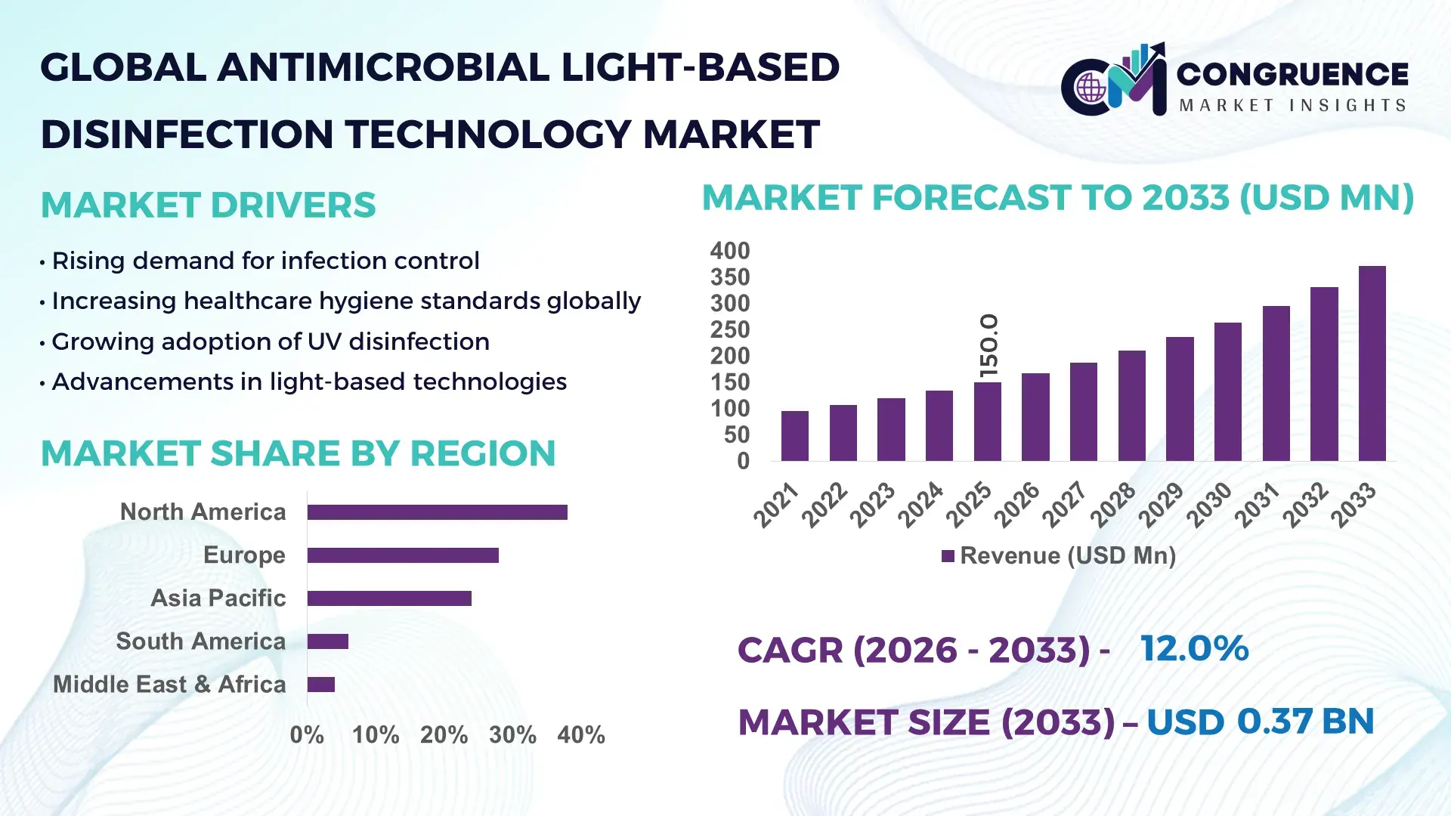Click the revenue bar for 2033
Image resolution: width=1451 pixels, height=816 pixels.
(1372, 363)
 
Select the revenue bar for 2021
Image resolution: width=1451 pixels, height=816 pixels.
(794, 436)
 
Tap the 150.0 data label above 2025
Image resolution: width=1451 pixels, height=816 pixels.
(988, 346)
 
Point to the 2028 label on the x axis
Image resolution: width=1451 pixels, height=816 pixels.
(1114, 505)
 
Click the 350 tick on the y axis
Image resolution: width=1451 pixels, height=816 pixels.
(729, 277)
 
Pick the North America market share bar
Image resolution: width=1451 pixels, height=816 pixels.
(437, 512)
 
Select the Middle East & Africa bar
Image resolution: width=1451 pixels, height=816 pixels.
(321, 685)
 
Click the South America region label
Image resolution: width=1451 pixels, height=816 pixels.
(200, 641)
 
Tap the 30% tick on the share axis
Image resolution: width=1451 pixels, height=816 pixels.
(512, 734)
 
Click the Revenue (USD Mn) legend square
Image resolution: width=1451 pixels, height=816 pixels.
(948, 557)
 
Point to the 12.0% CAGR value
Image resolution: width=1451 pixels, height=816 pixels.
(1194, 648)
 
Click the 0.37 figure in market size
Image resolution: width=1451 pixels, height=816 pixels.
(1274, 721)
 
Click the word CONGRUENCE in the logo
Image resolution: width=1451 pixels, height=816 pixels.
(1292, 74)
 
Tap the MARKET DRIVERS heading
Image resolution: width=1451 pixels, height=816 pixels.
(208, 206)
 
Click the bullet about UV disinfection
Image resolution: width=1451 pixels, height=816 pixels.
(270, 342)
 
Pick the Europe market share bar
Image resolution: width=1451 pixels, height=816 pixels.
(403, 555)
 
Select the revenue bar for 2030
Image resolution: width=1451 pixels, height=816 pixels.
(1227, 391)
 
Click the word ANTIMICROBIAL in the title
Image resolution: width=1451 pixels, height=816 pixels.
(383, 68)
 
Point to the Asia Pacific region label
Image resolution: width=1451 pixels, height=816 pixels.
(218, 598)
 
